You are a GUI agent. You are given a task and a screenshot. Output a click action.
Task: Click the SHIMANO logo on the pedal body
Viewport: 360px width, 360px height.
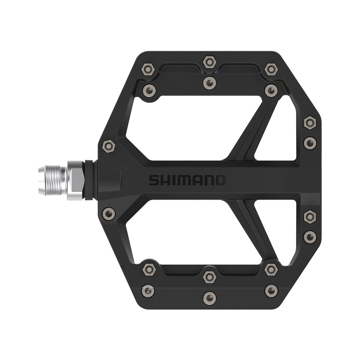pos(186,180)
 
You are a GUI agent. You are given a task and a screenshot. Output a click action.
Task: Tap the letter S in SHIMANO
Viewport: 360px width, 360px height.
pos(153,180)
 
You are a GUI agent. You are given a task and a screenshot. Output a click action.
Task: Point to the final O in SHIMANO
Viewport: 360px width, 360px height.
pos(219,180)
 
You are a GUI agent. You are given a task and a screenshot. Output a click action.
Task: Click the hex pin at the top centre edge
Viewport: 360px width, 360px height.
pos(209,62)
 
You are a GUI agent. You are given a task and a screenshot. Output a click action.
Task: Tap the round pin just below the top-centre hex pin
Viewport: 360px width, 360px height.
pos(209,84)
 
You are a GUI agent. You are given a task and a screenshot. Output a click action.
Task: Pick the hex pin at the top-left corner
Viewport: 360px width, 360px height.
pos(148,69)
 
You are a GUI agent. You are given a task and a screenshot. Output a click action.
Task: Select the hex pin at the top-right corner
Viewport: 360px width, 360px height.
pos(271,69)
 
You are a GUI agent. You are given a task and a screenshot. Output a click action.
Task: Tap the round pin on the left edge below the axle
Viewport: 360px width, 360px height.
pos(109,213)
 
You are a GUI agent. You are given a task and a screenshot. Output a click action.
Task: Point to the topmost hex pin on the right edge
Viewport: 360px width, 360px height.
pos(310,123)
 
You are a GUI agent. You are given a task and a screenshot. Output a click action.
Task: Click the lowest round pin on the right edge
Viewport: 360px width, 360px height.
pos(310,236)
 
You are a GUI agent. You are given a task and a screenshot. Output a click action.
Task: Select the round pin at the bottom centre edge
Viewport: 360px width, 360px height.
pos(209,297)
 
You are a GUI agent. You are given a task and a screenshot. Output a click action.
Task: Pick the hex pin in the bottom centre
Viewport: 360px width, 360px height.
pos(209,276)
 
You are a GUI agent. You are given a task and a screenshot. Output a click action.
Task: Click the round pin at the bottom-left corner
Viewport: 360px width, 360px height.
pos(148,290)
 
